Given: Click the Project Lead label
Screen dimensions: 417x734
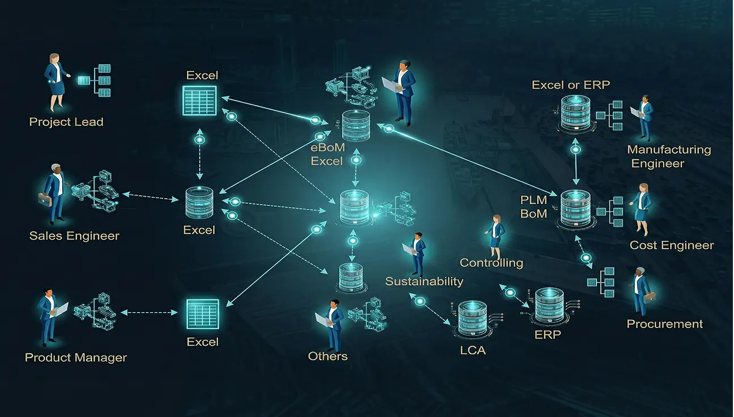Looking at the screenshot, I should tap(66, 122).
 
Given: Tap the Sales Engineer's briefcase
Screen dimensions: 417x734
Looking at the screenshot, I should tap(45, 199).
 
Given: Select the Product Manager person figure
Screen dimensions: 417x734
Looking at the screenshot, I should tap(48, 318).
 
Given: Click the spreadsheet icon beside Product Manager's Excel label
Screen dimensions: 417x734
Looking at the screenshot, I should tap(202, 313).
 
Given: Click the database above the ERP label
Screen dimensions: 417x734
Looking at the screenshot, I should tap(549, 307).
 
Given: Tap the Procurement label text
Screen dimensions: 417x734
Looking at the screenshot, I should tap(664, 324).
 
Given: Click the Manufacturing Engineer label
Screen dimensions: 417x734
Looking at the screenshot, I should tap(668, 156).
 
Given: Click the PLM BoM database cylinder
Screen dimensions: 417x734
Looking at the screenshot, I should tap(575, 208).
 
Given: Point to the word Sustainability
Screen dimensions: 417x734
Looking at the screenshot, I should tap(424, 282).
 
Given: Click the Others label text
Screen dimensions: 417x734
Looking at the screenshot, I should tap(327, 356).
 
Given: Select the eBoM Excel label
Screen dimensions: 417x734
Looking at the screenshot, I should tap(327, 155).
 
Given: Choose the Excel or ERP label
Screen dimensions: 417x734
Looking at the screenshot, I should tap(570, 85).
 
